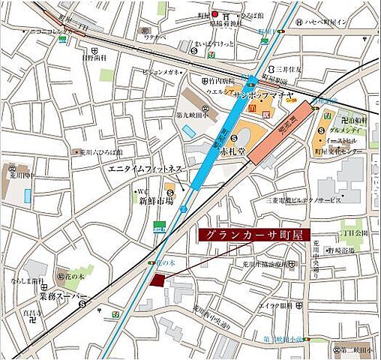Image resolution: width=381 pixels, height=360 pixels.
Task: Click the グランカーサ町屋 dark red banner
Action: coord(252,234)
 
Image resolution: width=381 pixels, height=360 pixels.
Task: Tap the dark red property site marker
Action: coord(156,280)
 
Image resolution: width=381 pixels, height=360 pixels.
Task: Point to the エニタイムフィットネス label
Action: coord(145,168)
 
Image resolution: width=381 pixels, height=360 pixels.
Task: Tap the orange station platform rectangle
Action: coord(277,136)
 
